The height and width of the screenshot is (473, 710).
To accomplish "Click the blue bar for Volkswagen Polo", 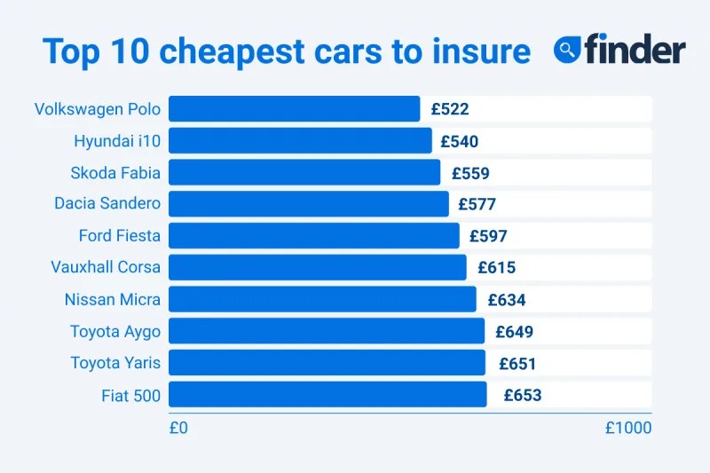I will pos(294,109).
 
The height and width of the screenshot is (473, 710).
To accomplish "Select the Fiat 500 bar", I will pos(327,395).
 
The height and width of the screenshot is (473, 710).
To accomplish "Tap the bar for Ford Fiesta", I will pos(313,236).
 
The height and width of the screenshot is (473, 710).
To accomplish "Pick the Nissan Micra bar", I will pos(322,299).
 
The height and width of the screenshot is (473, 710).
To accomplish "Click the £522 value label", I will pos(450,109).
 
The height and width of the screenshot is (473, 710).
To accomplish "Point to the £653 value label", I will pos(523,395).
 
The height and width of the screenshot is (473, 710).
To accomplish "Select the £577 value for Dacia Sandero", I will pos(477,204).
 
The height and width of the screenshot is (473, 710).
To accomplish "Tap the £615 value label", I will pos(496,268).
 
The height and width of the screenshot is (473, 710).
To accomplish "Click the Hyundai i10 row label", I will pos(117,140).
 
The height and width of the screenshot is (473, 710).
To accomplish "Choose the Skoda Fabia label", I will pos(115,172).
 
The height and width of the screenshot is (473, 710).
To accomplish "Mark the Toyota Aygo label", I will pos(115,331).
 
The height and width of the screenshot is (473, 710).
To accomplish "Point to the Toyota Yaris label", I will pos(115,363).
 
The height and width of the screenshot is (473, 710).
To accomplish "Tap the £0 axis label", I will pos(178,428).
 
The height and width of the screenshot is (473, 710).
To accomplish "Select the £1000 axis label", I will pos(628,428).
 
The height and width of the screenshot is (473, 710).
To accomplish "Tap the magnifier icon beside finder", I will pos(567,50).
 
